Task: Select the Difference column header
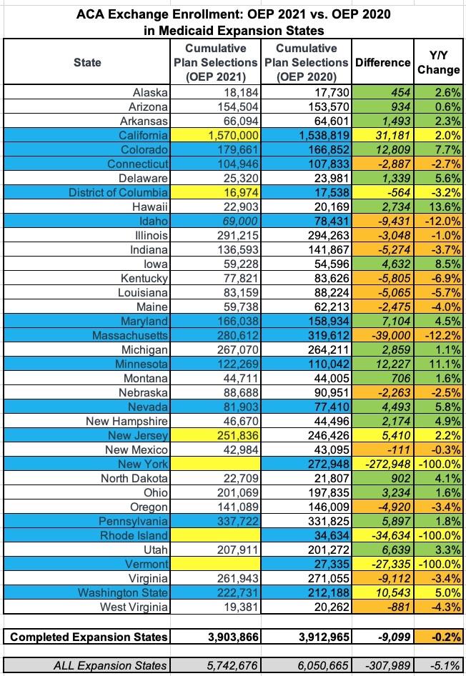click(382, 63)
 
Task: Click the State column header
click(87, 63)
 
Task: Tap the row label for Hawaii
click(151, 207)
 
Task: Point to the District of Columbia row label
click(119, 192)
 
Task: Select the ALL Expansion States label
click(111, 665)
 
